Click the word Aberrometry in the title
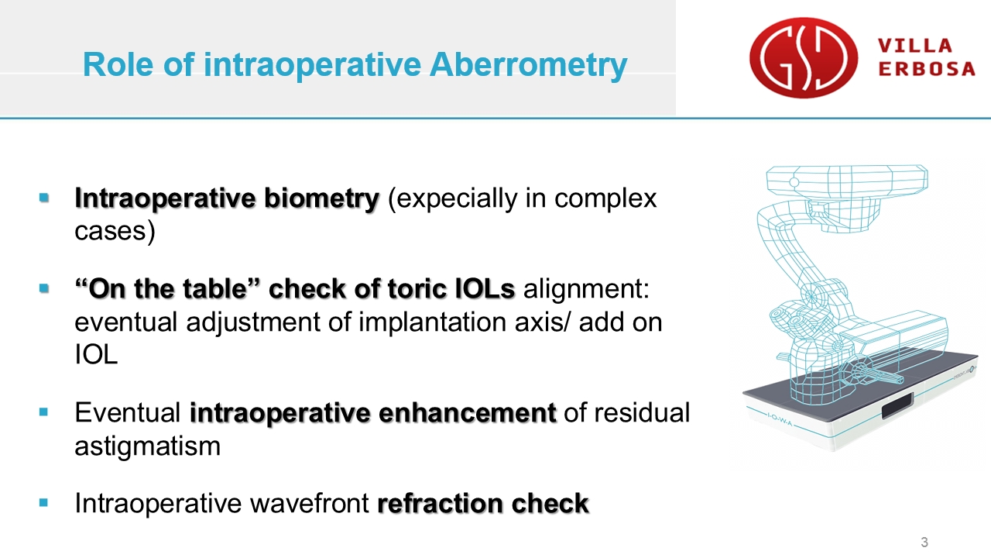(x=528, y=64)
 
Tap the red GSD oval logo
(x=804, y=57)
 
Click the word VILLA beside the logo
(x=915, y=46)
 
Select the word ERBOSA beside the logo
(x=927, y=69)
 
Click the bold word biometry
(x=321, y=198)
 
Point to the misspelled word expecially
(x=453, y=198)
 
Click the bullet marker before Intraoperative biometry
(x=44, y=197)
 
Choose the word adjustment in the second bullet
(x=252, y=322)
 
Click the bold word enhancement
(x=468, y=413)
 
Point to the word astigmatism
(x=147, y=446)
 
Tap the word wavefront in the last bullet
(x=310, y=503)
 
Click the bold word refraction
(x=441, y=503)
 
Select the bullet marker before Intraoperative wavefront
(x=43, y=502)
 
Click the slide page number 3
(x=924, y=542)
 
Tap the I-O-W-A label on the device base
(x=780, y=420)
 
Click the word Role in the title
(x=118, y=64)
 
